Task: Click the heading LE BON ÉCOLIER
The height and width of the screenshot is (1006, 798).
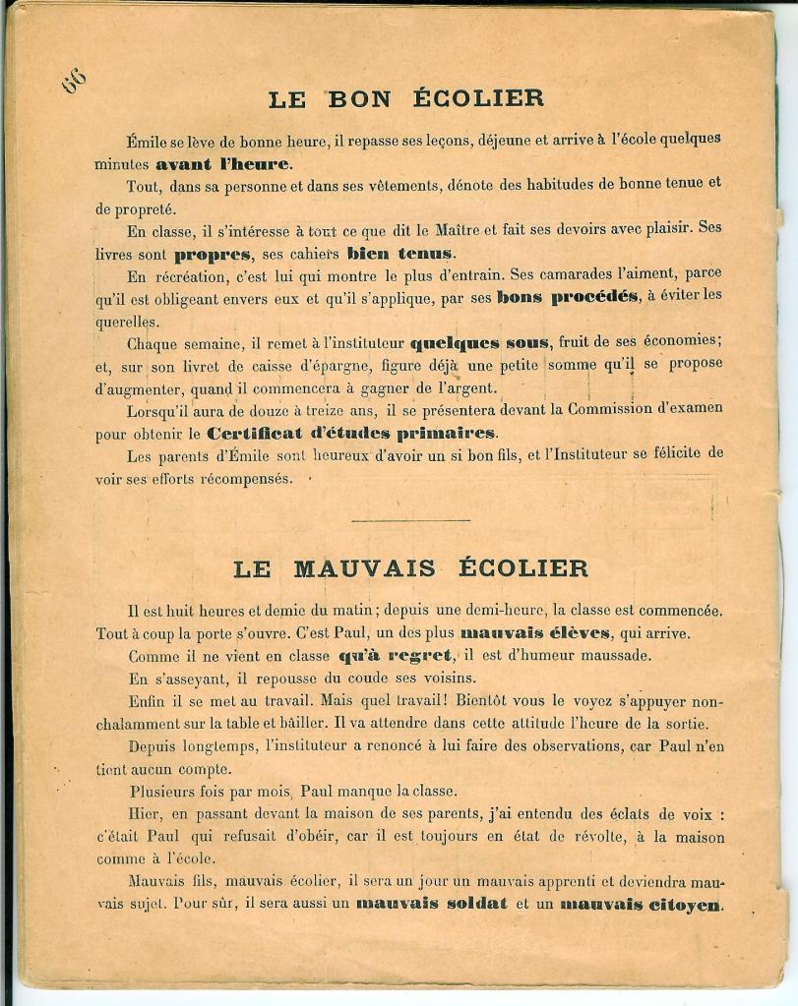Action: [x=406, y=98]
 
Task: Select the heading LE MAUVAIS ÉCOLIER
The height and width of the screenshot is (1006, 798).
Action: [x=411, y=568]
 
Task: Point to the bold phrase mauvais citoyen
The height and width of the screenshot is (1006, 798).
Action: [x=641, y=904]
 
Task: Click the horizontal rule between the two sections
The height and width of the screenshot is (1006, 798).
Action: [x=409, y=520]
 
